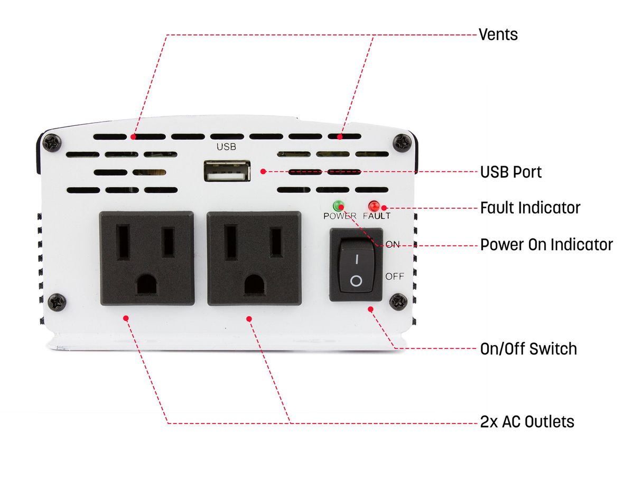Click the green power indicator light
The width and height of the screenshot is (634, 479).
pyautogui.click(x=338, y=206)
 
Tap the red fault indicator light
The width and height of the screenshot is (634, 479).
pyautogui.click(x=375, y=206)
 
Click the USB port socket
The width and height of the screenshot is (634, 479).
pyautogui.click(x=226, y=171)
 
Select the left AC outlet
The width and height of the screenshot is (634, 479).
pyautogui.click(x=146, y=258)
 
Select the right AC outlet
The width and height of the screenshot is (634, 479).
pyautogui.click(x=254, y=258)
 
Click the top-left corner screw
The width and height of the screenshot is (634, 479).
pyautogui.click(x=52, y=142)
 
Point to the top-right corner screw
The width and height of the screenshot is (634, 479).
pyautogui.click(x=403, y=142)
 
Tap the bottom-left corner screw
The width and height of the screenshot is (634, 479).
pyautogui.click(x=56, y=302)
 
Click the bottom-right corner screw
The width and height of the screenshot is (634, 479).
pyautogui.click(x=398, y=302)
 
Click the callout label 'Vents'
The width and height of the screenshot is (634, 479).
pyautogui.click(x=498, y=35)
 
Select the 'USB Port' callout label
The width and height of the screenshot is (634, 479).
pyautogui.click(x=510, y=172)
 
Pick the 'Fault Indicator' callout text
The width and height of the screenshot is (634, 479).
pyautogui.click(x=530, y=208)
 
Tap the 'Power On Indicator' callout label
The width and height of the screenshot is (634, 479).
pyautogui.click(x=546, y=245)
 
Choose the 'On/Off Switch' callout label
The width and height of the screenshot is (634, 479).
pyautogui.click(x=528, y=349)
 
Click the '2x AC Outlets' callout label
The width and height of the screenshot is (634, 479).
pyautogui.click(x=527, y=422)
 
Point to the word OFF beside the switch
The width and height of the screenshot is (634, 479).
pyautogui.click(x=395, y=276)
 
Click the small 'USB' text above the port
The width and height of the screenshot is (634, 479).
pyautogui.click(x=226, y=147)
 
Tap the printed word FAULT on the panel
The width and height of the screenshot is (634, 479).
pyautogui.click(x=377, y=216)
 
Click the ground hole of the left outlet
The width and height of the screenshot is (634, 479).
pyautogui.click(x=146, y=285)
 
